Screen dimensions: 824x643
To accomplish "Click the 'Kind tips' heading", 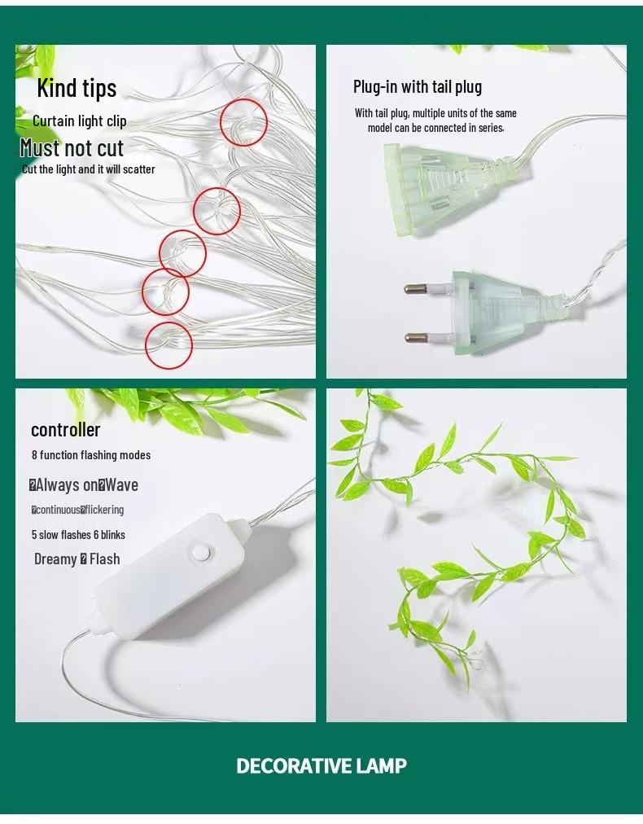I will click(77, 88).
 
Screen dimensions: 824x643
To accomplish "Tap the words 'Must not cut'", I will click(72, 148).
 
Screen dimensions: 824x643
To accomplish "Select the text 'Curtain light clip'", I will click(80, 121).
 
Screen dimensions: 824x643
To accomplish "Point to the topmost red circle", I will click(243, 122).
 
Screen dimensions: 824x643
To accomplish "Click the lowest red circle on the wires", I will click(168, 345).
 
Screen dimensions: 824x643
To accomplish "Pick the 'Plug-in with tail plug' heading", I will click(418, 87).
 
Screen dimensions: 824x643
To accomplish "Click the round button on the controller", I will click(199, 553).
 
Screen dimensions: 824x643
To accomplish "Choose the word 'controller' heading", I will click(66, 430).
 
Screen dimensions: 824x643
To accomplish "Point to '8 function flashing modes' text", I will click(91, 455).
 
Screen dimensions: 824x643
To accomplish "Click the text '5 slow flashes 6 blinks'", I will click(78, 535).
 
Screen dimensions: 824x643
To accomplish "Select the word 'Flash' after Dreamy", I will click(105, 559).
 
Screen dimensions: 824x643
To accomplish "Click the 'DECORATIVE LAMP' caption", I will click(321, 766).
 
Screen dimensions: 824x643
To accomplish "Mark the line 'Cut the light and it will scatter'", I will click(89, 169).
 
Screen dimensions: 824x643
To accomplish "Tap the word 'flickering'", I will click(105, 511).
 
